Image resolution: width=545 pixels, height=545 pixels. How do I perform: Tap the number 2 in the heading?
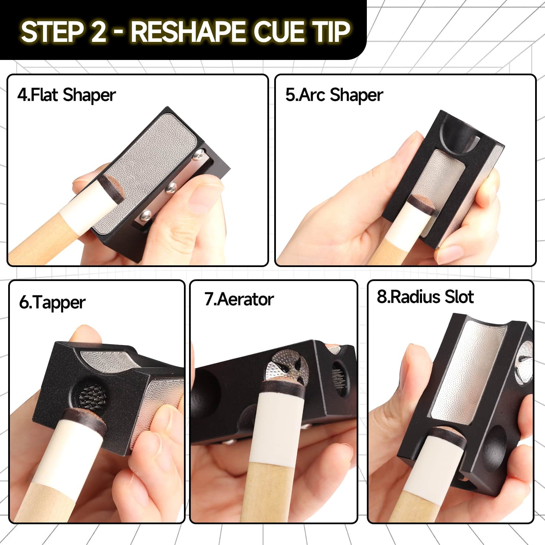(99, 31)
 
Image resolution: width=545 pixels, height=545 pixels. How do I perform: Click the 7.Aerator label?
(239, 299)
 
